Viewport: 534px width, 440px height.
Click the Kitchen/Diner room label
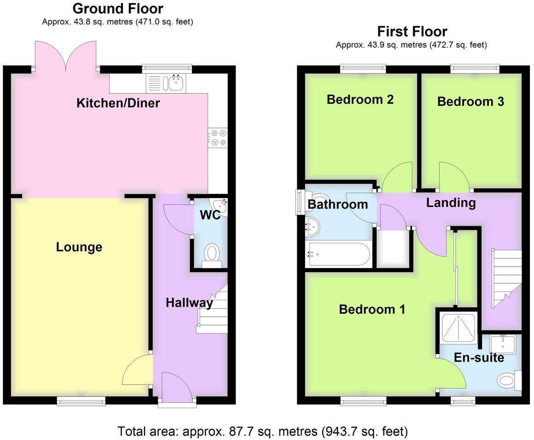pos(118,103)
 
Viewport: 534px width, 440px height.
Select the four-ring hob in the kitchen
pos(218,137)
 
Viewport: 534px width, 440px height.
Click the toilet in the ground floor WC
pos(212,253)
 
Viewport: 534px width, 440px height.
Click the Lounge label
pos(79,247)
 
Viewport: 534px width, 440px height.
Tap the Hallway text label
pos(189,303)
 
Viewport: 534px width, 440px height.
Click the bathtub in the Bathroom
pos(338,254)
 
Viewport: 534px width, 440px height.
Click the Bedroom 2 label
pos(360,99)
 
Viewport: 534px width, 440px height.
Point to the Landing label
pos(451,203)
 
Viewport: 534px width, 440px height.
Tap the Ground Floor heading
pos(118,8)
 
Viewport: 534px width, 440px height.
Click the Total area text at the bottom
pos(262,432)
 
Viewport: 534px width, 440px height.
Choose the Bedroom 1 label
pos(372,309)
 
